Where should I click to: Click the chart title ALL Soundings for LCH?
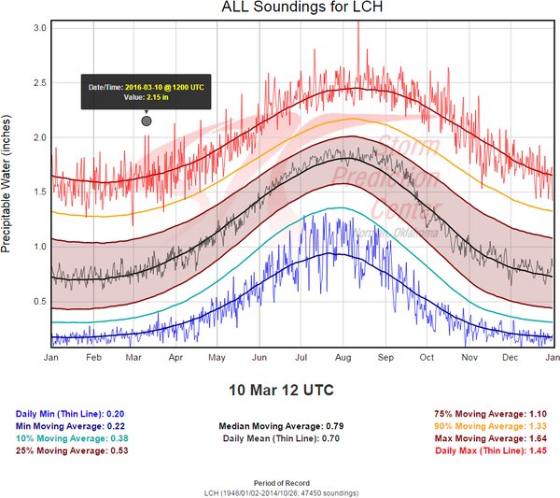tap(280, 8)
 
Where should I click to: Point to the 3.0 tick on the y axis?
tap(38, 29)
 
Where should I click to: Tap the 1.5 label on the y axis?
tap(38, 192)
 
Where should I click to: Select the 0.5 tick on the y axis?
tap(38, 301)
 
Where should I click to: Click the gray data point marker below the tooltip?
tap(146, 121)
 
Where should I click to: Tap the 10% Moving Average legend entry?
tap(71, 438)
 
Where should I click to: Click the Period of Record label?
tap(280, 480)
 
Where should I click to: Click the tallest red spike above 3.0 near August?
tap(358, 22)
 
